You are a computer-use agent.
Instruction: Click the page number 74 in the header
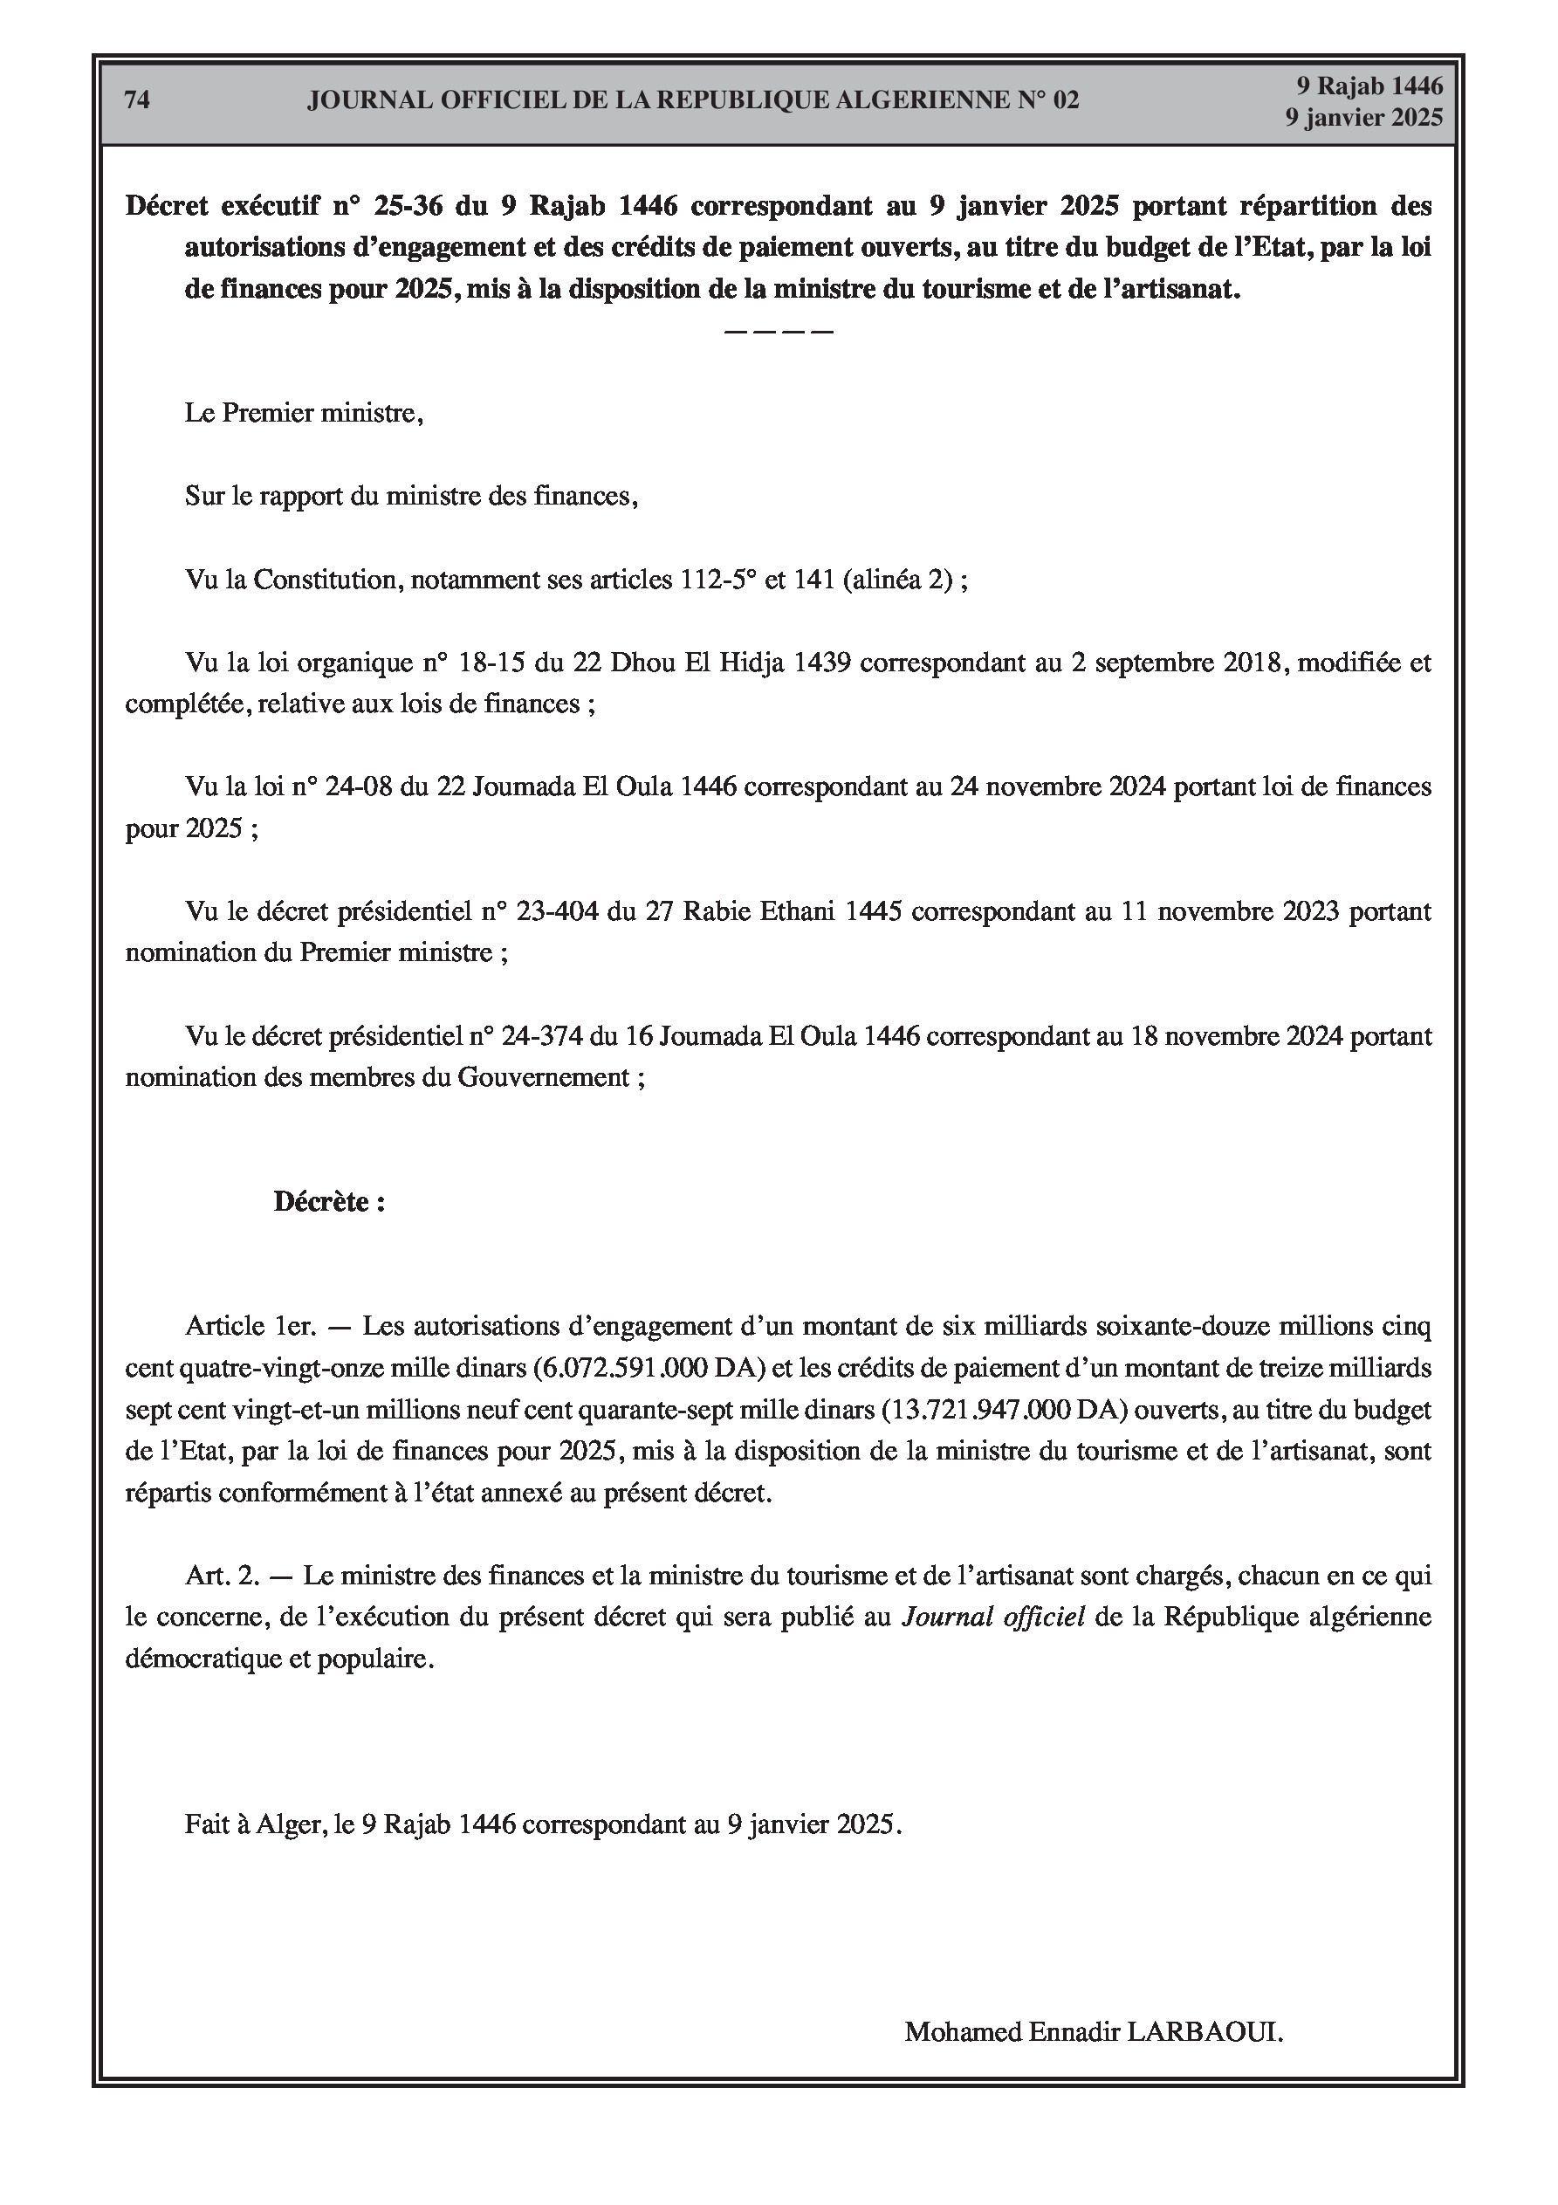137,100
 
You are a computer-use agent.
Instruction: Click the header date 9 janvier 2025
1364,117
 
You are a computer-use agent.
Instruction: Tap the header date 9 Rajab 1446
1369,86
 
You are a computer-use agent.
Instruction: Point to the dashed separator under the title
778,332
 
